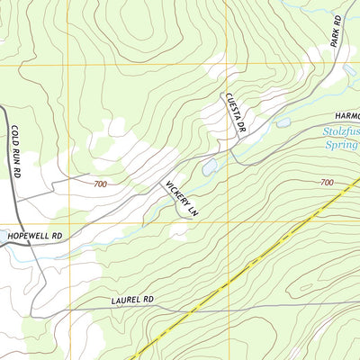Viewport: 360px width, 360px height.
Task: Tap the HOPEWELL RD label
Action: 32,236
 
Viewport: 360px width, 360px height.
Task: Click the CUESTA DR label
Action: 236,113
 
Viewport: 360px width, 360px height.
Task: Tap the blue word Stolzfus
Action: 340,130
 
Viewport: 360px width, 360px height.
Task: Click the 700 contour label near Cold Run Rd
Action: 102,184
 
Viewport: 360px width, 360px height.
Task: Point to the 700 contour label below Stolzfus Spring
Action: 326,182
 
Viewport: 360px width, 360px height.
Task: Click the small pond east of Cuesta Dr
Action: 283,121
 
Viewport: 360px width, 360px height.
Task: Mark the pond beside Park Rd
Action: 348,70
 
